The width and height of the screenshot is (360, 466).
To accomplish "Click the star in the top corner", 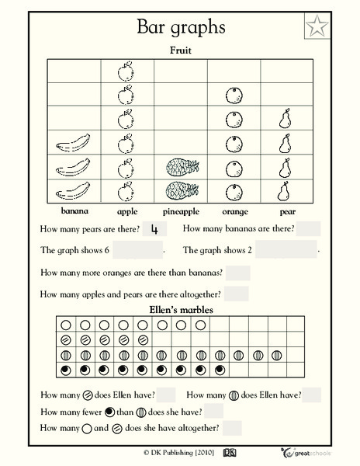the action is tap(315, 28).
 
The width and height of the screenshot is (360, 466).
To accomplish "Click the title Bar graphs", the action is tap(181, 28).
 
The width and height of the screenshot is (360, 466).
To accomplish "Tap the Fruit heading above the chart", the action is tap(182, 51).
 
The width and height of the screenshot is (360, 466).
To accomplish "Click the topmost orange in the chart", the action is tap(234, 96).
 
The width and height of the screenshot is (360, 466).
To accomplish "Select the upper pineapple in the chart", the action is tap(181, 167).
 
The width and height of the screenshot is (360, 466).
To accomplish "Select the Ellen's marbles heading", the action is tap(181, 310).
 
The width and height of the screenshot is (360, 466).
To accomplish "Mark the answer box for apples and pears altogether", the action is tap(236, 294).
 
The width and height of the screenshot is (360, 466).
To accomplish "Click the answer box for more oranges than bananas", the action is tap(238, 273).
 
